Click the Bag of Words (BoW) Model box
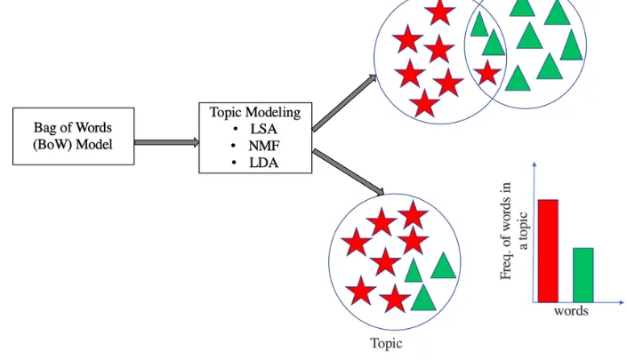[x=73, y=135]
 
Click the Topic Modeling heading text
[x=254, y=113]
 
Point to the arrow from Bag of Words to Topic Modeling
[x=166, y=141]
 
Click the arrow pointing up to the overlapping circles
[x=345, y=103]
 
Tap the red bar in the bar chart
[x=547, y=251]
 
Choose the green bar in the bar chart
[x=583, y=275]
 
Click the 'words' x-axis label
[x=571, y=312]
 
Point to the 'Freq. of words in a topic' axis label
[x=514, y=230]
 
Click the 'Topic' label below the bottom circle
[x=386, y=342]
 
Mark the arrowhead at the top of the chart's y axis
[x=533, y=166]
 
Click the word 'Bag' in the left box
[x=45, y=127]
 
